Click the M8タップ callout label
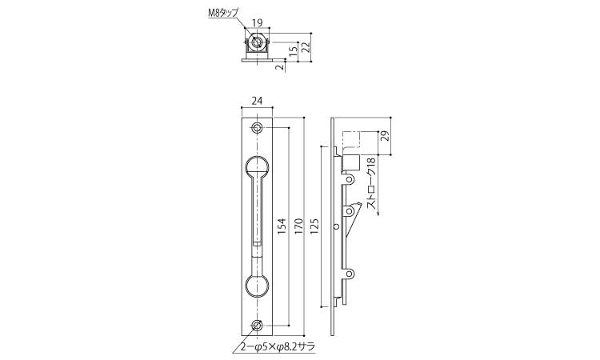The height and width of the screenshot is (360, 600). coord(223,13)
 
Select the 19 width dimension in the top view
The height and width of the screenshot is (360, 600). coord(258,23)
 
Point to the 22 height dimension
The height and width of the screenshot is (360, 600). coord(305,46)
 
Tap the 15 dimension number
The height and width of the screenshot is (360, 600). coord(293,50)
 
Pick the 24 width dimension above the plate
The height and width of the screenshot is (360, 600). coord(257,101)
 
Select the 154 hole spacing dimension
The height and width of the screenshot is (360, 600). coord(282,227)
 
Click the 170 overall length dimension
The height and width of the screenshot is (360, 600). coord(298,227)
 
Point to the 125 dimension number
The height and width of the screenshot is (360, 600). coord(315,227)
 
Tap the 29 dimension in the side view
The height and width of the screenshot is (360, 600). coord(386,136)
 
